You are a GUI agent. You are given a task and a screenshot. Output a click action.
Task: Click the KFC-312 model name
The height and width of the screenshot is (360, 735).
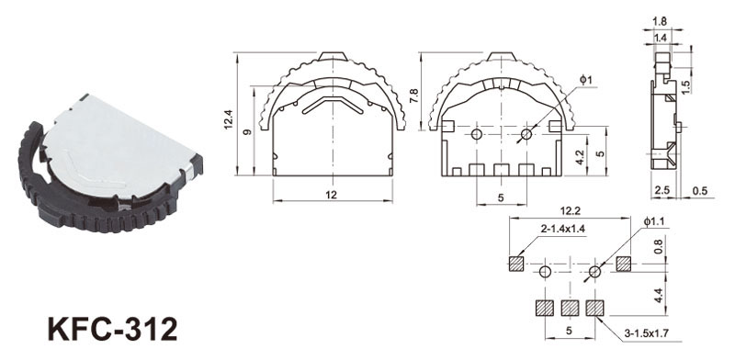(x=113, y=329)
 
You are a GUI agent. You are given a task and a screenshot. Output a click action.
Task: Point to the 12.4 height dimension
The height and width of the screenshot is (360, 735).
(x=228, y=119)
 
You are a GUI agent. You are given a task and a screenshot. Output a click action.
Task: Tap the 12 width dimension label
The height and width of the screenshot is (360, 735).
(x=332, y=195)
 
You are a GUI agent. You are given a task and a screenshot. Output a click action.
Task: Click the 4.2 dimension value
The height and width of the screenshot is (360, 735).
(x=580, y=157)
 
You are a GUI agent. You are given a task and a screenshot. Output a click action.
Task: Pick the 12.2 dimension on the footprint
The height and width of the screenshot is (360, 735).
(x=570, y=211)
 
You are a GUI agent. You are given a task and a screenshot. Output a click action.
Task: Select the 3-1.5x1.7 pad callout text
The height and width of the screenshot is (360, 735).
(x=647, y=333)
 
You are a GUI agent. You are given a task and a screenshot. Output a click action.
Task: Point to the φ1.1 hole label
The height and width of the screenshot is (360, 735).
(x=652, y=221)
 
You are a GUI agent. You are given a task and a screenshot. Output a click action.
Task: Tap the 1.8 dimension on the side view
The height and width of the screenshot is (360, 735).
(x=660, y=21)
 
